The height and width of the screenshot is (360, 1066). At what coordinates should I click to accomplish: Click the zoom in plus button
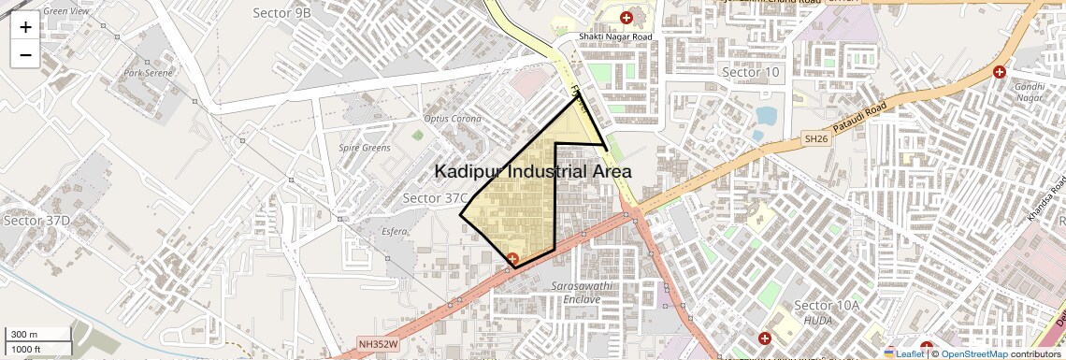(x=25, y=26)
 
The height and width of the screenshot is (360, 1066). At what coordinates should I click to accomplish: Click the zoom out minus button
(x=25, y=54)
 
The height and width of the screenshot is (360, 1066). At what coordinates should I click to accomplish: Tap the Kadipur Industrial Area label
(x=533, y=172)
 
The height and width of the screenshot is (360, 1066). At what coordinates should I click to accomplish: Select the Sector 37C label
(x=435, y=198)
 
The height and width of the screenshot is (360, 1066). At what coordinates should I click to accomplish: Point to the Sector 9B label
(x=281, y=12)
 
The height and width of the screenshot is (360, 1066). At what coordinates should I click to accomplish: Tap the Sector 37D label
(x=36, y=221)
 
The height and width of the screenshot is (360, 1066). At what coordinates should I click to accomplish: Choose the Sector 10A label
(x=826, y=306)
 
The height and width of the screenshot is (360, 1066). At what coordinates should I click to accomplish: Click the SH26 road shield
(x=816, y=138)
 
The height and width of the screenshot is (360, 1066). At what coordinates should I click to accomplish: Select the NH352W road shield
(x=378, y=344)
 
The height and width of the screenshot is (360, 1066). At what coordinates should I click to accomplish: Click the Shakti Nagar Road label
(x=614, y=36)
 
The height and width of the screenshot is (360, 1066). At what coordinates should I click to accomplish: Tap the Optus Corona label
(x=453, y=119)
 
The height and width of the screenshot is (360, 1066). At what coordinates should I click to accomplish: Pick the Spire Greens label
(x=365, y=148)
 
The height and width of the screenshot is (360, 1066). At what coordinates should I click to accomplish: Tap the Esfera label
(x=395, y=230)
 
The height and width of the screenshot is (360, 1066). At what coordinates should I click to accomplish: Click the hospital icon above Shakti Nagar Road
(x=626, y=18)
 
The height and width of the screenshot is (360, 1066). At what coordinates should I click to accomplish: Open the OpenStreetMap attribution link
(x=973, y=353)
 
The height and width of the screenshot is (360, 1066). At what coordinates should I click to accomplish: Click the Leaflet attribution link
(x=903, y=353)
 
